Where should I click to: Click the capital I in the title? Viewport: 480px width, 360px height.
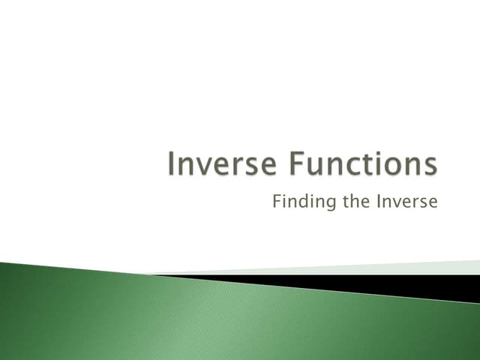click(x=172, y=165)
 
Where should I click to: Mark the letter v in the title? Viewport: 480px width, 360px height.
click(x=202, y=167)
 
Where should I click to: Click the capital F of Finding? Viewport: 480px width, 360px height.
click(x=277, y=202)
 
